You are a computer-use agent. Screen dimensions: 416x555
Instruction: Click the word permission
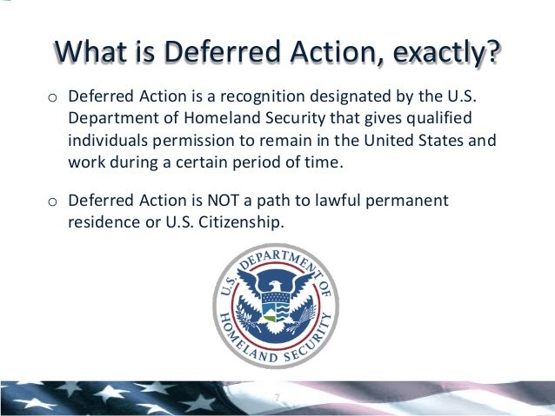(x=199, y=139)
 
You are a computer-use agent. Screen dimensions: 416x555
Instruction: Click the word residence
(x=102, y=222)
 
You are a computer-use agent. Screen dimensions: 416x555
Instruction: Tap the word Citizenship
(x=245, y=222)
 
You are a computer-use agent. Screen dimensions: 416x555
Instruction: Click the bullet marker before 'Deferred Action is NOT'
(x=51, y=202)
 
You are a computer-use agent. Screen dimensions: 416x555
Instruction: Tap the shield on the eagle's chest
(x=277, y=307)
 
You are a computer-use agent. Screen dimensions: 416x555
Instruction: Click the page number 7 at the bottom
(x=277, y=399)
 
